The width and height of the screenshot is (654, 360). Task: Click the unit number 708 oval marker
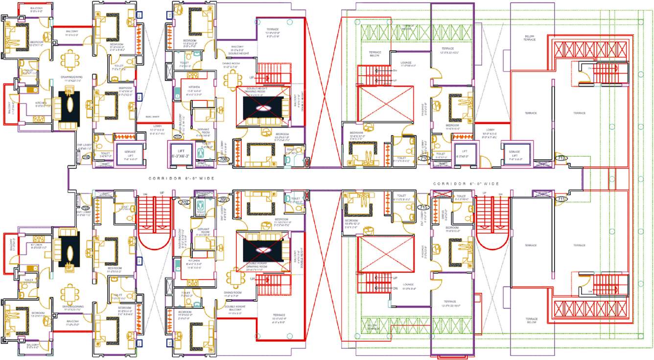coord(224,159)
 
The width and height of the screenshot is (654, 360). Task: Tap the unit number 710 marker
coord(423,158)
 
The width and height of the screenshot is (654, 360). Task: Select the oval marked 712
coord(561,158)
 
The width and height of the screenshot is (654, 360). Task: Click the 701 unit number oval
coord(224,200)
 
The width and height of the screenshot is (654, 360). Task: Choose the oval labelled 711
coord(561,199)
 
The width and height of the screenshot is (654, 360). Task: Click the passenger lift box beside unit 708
coord(181,152)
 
